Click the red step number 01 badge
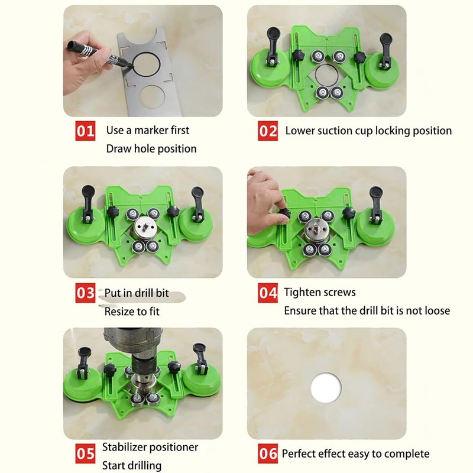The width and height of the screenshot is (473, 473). click(x=85, y=131)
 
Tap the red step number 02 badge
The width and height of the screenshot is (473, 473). click(x=268, y=131)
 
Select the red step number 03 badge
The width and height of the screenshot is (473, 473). click(x=85, y=292)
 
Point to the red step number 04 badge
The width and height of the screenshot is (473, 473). click(x=268, y=292)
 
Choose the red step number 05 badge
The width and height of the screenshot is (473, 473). click(x=85, y=454)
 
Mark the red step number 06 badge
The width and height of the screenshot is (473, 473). click(x=268, y=454)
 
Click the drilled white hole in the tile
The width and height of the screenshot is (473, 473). click(x=325, y=387)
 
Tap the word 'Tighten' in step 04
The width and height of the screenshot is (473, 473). click(x=302, y=292)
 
